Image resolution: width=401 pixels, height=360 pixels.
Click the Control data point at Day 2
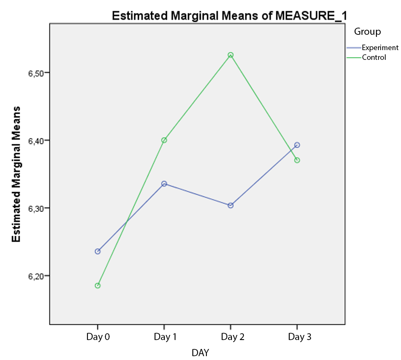[x=230, y=55]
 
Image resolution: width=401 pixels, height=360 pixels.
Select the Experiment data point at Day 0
[x=98, y=251]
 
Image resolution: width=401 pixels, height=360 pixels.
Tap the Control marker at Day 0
[x=98, y=286]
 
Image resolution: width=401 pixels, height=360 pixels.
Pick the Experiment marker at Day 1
[x=164, y=184]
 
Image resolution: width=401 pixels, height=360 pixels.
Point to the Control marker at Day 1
[x=164, y=140]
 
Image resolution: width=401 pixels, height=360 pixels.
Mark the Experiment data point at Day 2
[x=230, y=205]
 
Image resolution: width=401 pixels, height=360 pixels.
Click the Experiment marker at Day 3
[x=297, y=145]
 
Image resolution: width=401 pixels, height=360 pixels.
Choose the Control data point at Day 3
[x=297, y=160]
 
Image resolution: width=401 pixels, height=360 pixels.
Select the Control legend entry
[x=374, y=58]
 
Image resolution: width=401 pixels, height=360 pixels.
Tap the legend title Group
[x=367, y=31]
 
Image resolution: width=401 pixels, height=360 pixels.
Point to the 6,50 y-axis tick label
[x=37, y=73]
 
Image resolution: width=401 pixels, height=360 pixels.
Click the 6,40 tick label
[x=37, y=141]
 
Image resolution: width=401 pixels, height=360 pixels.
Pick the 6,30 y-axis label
[x=37, y=208]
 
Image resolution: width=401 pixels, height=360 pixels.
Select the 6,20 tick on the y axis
[x=37, y=276]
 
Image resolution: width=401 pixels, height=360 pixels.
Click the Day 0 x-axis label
[x=98, y=337]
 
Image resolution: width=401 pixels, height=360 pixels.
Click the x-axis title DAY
[x=200, y=353]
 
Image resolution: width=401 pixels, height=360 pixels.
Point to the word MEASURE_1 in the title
[x=311, y=16]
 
